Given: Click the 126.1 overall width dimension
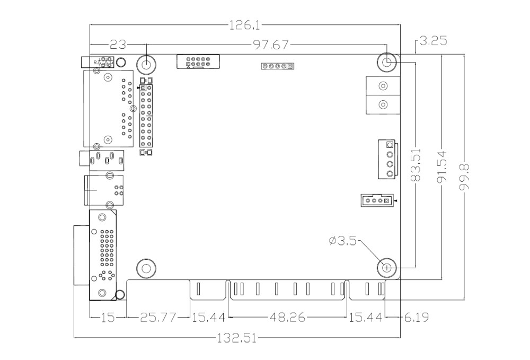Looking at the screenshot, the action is point(245,25).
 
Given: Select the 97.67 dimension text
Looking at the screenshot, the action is point(271,45).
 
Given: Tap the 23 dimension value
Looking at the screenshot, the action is point(118,45).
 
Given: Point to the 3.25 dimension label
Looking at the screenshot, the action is point(434,41).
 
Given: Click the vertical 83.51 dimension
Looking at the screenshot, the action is point(417,165).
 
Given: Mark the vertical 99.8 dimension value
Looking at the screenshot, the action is point(464,181).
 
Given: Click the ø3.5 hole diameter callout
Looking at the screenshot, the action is point(343,241).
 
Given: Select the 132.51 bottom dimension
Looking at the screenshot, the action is point(236,338).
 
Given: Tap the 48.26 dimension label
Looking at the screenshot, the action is point(288,318).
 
